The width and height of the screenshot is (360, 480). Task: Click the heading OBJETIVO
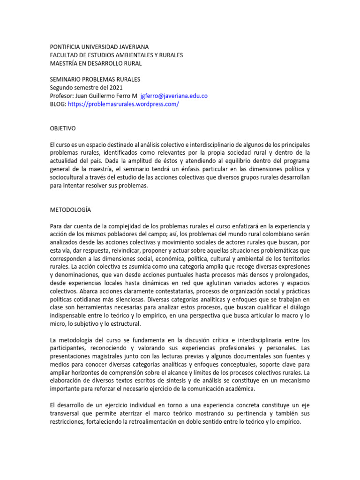pos(63,128)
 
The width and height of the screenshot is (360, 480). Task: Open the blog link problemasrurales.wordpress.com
pos(123,104)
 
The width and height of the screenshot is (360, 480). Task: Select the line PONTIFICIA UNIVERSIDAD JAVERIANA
pos(99,47)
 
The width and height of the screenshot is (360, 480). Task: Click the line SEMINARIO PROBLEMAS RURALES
pos(95,79)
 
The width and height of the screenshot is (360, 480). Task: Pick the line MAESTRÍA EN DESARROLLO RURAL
pos(96,63)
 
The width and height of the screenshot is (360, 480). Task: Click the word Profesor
pos(61,96)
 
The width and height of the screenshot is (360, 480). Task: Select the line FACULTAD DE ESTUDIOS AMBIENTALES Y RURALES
pos(116,55)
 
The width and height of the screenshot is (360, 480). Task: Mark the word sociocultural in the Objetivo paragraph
pos(68,177)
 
